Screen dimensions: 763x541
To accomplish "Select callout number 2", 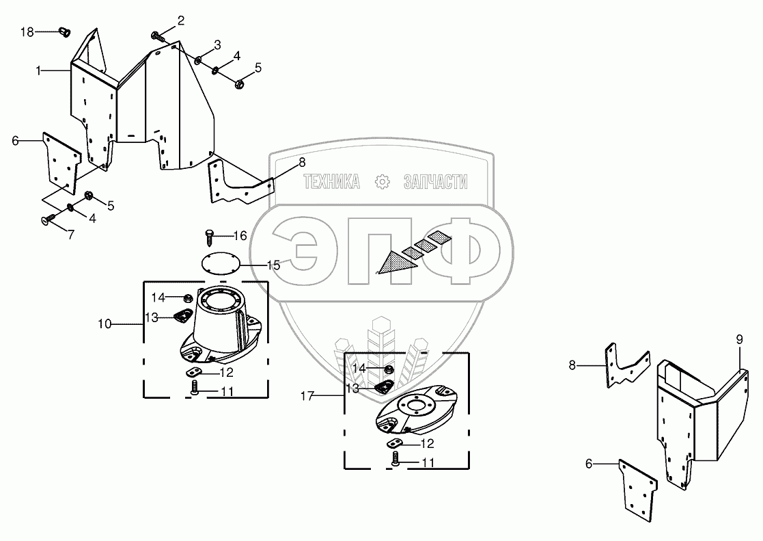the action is coord(180,21).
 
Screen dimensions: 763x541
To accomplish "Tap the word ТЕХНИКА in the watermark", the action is coord(331,182).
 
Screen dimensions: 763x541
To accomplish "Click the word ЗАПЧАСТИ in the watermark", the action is coord(435,182).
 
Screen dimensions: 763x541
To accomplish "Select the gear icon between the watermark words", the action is coord(382,182).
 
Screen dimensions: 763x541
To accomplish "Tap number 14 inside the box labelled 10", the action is coord(158,297).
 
